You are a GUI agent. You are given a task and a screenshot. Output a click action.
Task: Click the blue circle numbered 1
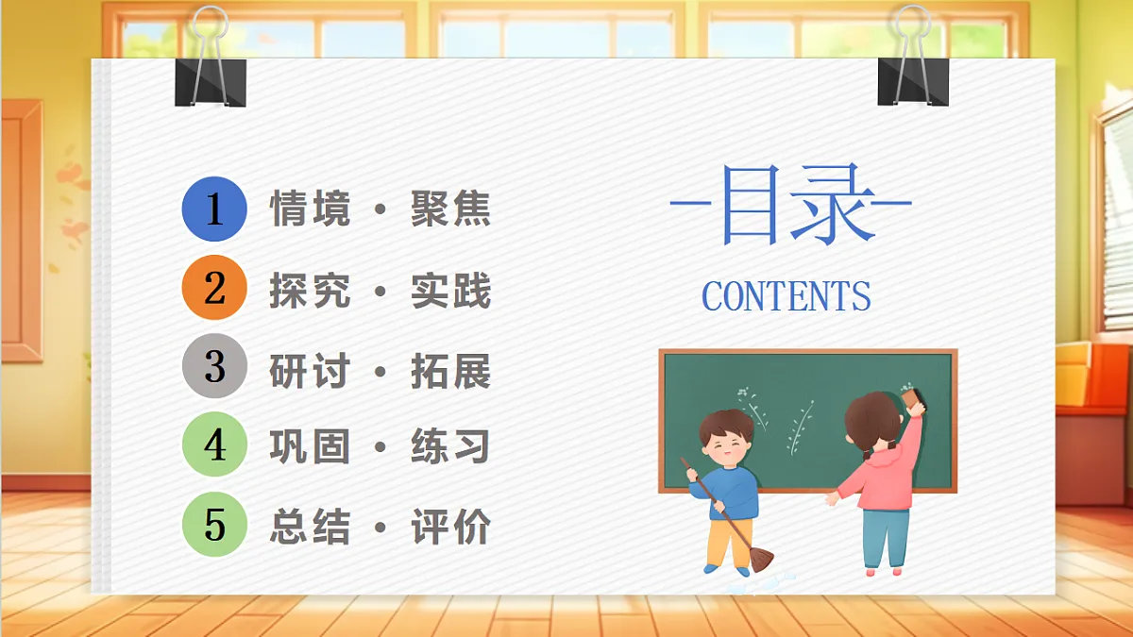(214, 210)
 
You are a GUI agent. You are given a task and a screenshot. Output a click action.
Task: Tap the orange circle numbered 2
(214, 289)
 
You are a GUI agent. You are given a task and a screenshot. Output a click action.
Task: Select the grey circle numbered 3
(214, 367)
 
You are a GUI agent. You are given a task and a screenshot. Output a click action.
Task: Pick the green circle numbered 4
(214, 445)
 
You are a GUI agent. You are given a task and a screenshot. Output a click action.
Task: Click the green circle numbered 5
(214, 525)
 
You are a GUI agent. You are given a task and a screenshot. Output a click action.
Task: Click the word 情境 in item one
(310, 210)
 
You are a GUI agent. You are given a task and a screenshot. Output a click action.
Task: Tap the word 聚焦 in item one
(451, 210)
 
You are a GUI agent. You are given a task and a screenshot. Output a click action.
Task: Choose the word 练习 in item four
(451, 446)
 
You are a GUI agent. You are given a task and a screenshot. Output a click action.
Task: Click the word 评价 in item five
(451, 527)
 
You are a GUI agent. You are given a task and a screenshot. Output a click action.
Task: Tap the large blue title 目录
(791, 205)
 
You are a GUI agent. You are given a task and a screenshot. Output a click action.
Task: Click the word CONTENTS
(786, 296)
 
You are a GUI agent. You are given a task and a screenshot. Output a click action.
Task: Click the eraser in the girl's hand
(913, 400)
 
